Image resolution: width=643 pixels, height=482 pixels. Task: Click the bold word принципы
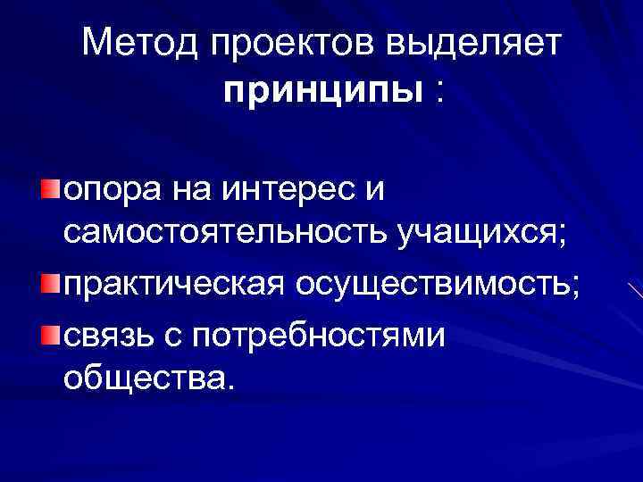323,91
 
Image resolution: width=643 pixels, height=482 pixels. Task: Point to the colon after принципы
438,93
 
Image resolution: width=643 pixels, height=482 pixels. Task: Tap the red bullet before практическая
52,285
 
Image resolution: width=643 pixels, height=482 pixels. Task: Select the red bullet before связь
52,336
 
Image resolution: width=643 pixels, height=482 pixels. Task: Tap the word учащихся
470,235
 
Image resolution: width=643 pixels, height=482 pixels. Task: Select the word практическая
174,287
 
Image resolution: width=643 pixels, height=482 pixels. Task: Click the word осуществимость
432,287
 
